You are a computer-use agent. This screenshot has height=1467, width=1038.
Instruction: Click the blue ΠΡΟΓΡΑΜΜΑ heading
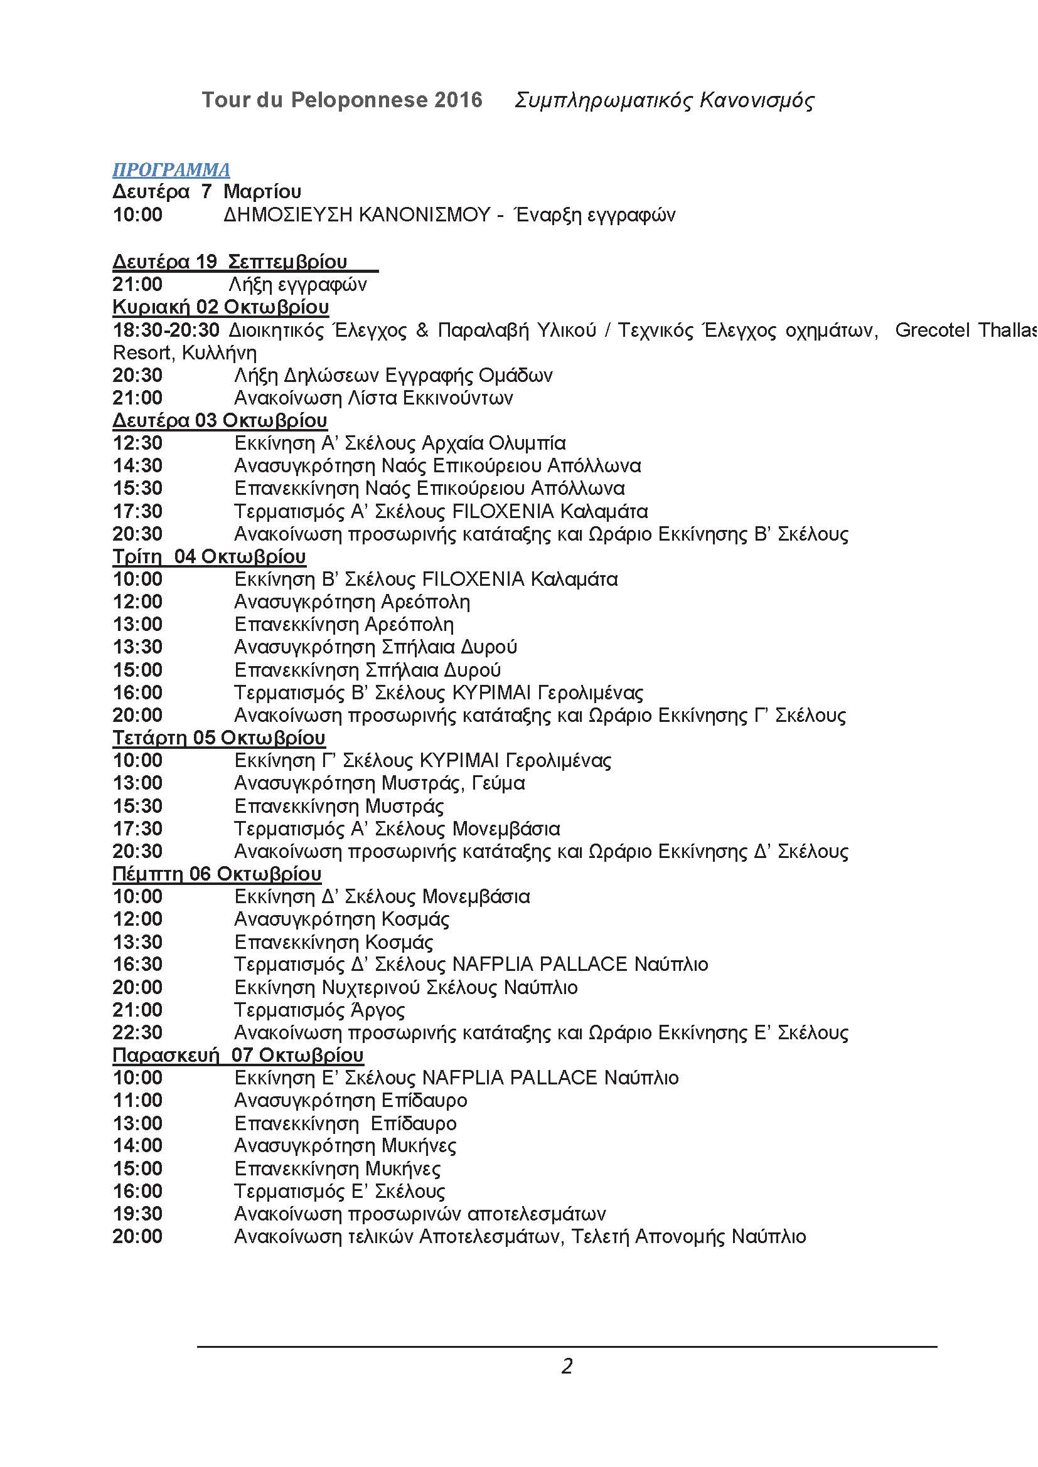tap(171, 169)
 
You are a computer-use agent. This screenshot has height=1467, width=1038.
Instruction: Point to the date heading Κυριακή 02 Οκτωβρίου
tap(220, 307)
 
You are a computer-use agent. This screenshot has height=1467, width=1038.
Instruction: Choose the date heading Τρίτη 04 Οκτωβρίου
tap(209, 556)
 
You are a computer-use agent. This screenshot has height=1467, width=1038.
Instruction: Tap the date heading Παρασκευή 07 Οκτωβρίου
tap(238, 1055)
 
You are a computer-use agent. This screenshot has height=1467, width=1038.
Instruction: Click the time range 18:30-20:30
tap(166, 331)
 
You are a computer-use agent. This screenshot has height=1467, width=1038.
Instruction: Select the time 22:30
tap(137, 1032)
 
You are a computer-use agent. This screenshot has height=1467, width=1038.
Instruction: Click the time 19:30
tap(137, 1214)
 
